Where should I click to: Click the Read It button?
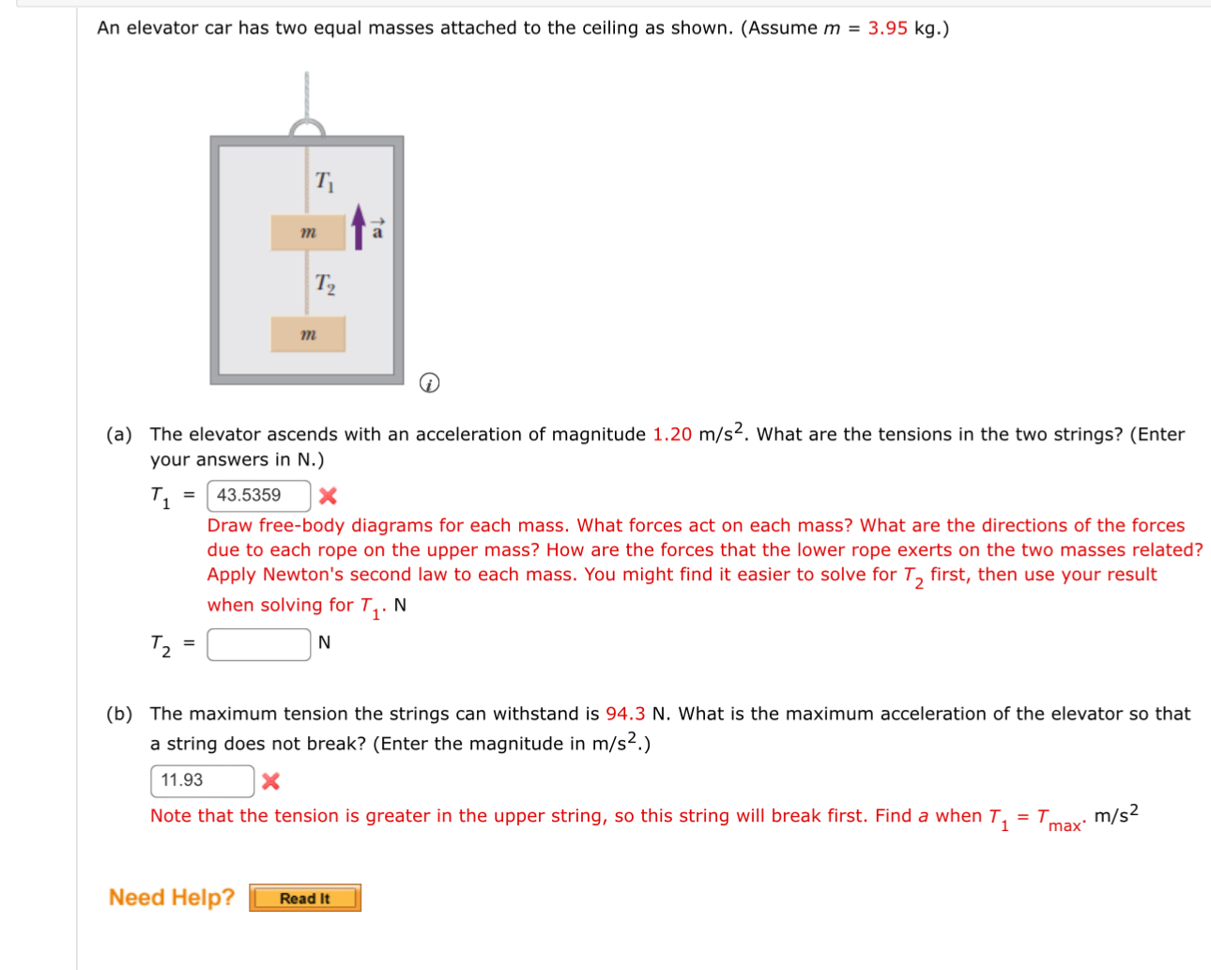tap(305, 899)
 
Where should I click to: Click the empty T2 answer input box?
tap(258, 644)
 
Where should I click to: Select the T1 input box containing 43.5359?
tap(258, 496)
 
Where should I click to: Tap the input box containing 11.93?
tap(202, 780)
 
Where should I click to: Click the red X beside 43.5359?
tap(328, 496)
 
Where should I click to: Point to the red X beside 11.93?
tap(270, 781)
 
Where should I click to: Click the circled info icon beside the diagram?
tap(429, 383)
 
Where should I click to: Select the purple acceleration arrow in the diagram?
tap(359, 227)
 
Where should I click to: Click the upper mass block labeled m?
tap(308, 233)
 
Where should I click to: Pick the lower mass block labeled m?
tap(308, 334)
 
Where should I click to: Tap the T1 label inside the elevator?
tap(325, 181)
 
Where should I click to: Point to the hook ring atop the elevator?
tap(307, 129)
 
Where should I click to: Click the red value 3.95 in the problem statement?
tap(887, 28)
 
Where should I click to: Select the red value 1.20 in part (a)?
tap(672, 435)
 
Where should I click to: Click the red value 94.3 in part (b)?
tap(625, 714)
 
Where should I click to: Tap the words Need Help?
tap(172, 898)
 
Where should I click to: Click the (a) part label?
tap(119, 435)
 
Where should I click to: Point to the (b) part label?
tap(119, 714)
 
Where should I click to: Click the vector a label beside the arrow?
tap(377, 229)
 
